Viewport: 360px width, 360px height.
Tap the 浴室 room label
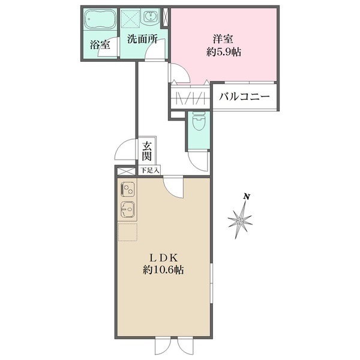click(100, 44)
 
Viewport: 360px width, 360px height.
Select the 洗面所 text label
click(142, 40)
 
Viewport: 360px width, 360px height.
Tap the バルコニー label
click(244, 96)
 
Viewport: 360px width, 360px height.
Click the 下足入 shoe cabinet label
click(149, 170)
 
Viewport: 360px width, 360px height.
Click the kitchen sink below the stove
click(128, 210)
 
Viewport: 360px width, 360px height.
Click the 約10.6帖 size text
click(163, 270)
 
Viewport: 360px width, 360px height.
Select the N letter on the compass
click(246, 196)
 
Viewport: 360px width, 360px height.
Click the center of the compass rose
click(240, 221)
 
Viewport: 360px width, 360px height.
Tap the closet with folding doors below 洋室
click(190, 97)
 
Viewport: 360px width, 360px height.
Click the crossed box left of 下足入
click(126, 170)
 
